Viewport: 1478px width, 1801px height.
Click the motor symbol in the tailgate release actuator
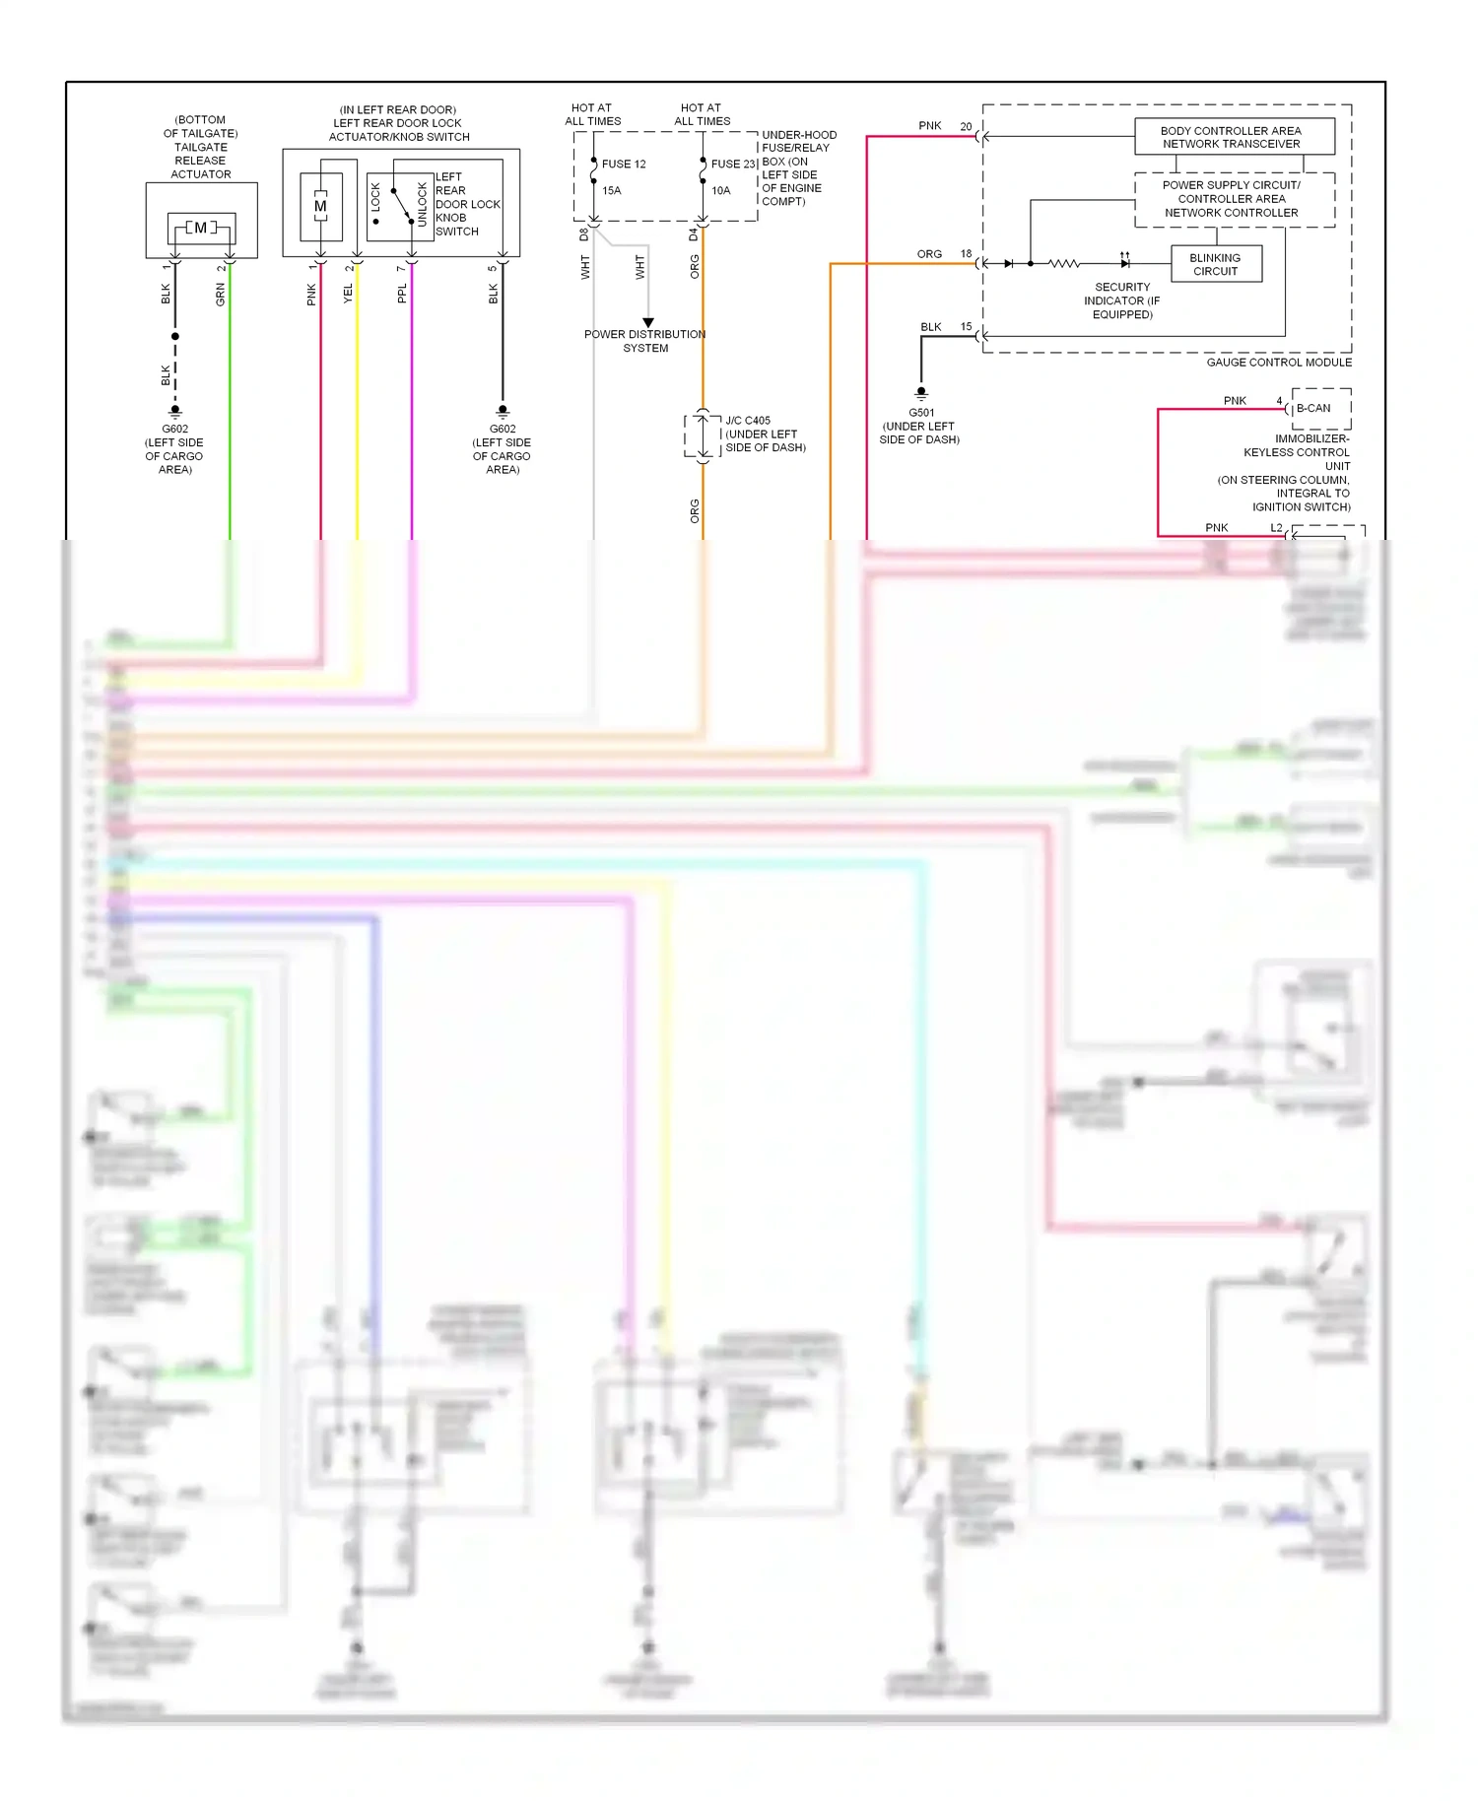(201, 228)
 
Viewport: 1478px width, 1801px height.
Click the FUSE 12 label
(624, 165)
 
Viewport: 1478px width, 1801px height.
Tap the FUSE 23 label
(733, 165)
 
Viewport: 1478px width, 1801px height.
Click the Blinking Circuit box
(1216, 264)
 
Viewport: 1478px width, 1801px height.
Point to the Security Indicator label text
(1121, 300)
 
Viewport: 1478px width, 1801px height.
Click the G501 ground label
(920, 413)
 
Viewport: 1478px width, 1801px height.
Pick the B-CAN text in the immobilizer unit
(1312, 408)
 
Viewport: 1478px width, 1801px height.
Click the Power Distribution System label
(644, 341)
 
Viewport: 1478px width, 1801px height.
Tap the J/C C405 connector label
(748, 421)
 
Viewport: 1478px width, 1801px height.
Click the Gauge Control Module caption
(1278, 363)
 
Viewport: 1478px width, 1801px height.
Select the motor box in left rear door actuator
(320, 207)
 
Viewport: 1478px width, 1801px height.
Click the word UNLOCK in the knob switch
(423, 204)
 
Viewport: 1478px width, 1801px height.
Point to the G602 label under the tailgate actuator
(174, 430)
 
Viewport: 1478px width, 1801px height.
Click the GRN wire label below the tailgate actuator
(221, 294)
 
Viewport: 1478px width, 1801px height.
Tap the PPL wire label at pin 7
(402, 294)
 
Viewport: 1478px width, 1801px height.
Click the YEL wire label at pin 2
(348, 294)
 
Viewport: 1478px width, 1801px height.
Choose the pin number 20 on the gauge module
(966, 126)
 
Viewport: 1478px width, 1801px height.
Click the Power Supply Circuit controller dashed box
(1234, 199)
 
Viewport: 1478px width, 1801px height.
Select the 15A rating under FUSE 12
(612, 191)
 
